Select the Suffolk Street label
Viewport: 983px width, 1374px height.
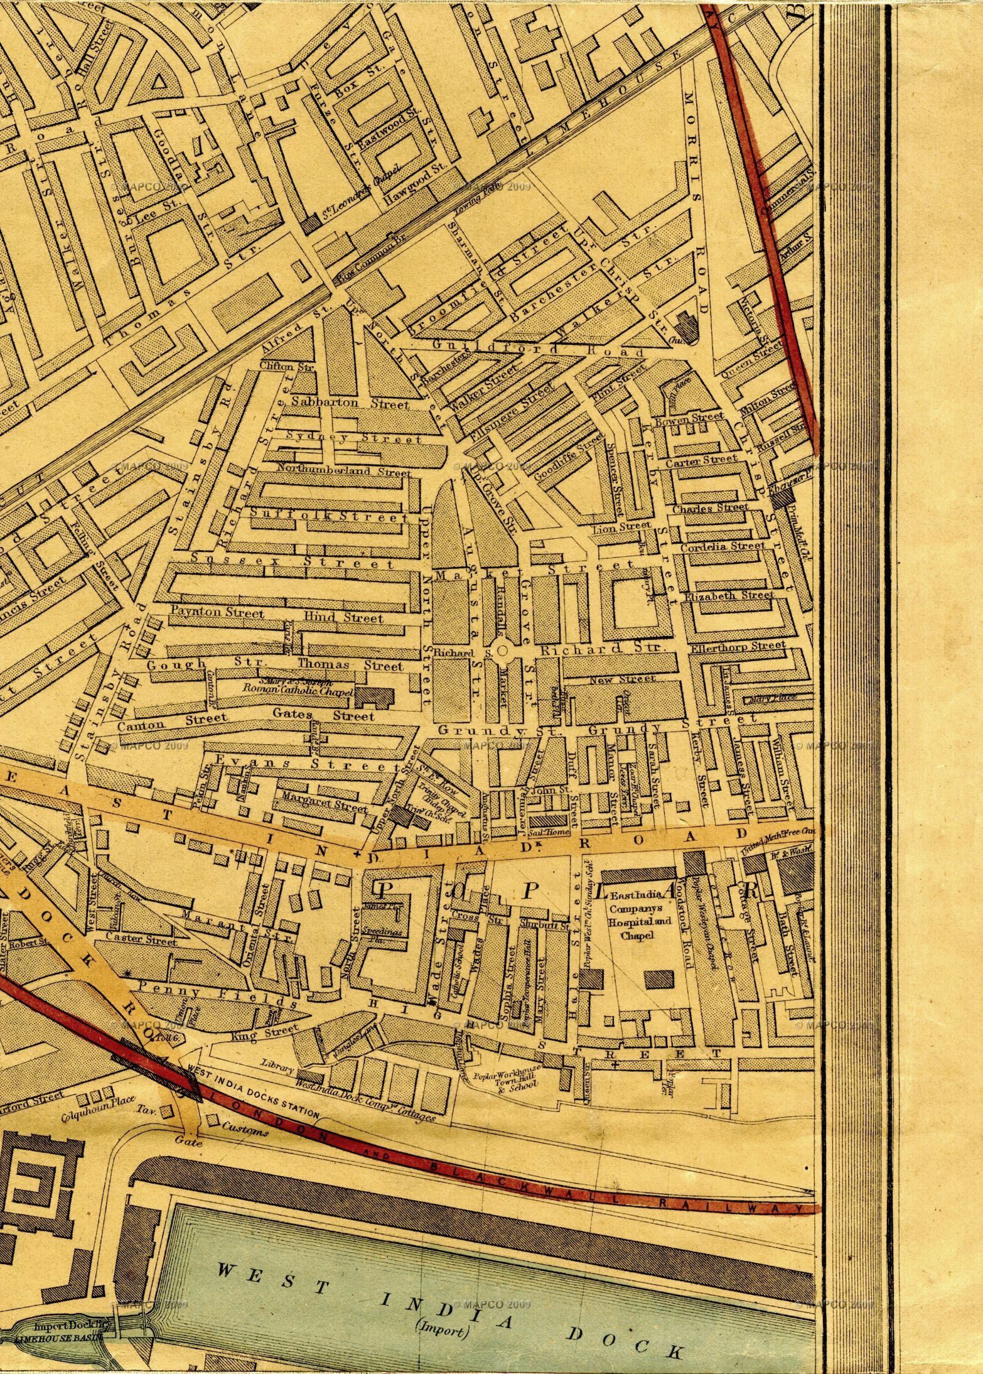329,515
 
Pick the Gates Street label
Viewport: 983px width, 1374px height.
323,715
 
